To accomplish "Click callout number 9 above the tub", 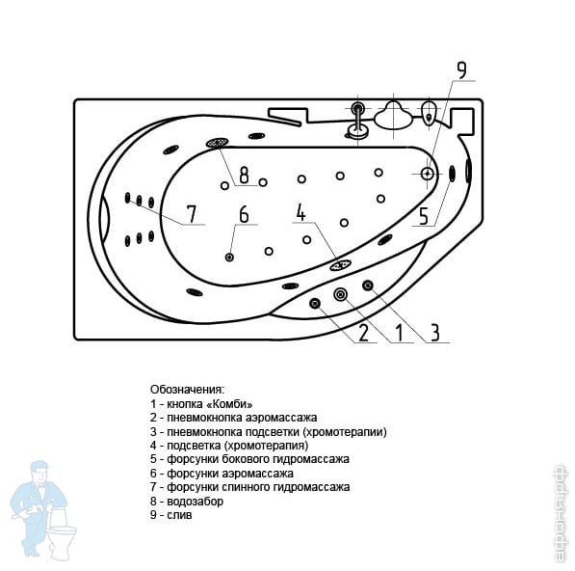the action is (x=461, y=70).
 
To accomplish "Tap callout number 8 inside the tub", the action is (x=244, y=175).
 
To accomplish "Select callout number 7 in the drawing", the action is (x=192, y=214).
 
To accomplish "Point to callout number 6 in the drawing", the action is (x=244, y=214).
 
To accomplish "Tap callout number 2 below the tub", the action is (x=363, y=333).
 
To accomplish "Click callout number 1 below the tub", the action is (x=400, y=333).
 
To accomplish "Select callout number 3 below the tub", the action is (x=434, y=333).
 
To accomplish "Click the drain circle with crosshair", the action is (x=428, y=174).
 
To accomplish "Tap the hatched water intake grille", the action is (x=218, y=143).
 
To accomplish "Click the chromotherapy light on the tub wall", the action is (x=340, y=265).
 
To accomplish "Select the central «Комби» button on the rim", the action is (x=341, y=294).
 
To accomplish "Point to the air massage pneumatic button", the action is (x=315, y=303).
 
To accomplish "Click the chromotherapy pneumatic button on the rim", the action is (x=368, y=285).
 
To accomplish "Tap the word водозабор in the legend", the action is (x=195, y=502).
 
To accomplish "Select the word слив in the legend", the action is (x=179, y=515).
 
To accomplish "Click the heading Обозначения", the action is (x=187, y=390).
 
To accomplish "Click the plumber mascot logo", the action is (x=44, y=510).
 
